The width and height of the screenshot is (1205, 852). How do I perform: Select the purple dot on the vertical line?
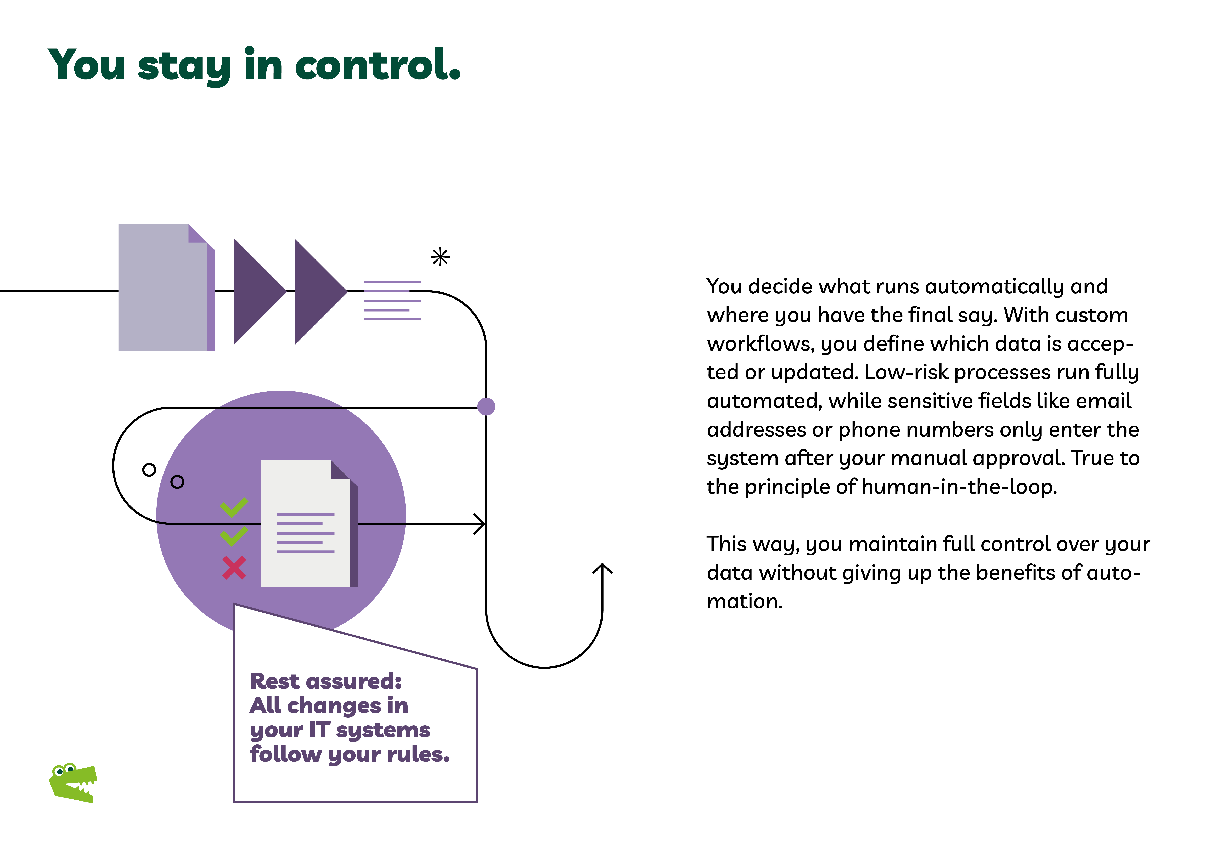tap(486, 406)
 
